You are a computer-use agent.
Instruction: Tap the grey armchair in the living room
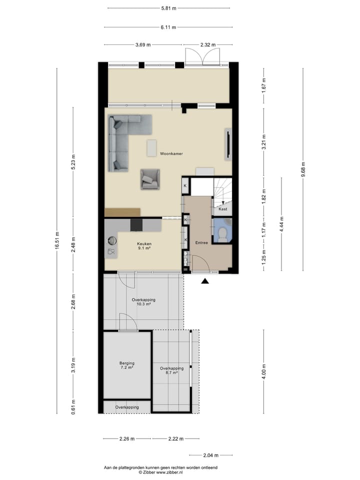(150, 179)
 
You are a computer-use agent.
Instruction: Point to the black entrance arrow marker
(204, 282)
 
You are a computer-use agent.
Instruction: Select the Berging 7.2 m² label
(127, 365)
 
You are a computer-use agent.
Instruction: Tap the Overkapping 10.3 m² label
(143, 301)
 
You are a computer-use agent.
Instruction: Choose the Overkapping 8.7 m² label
(171, 370)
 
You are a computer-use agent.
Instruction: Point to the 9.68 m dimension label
(303, 170)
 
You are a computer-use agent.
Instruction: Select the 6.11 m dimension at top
(167, 27)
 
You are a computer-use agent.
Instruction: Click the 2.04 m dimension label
(210, 455)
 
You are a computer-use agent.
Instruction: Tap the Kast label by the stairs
(223, 209)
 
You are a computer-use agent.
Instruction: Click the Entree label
(201, 243)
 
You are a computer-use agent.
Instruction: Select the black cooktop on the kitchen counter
(136, 225)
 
